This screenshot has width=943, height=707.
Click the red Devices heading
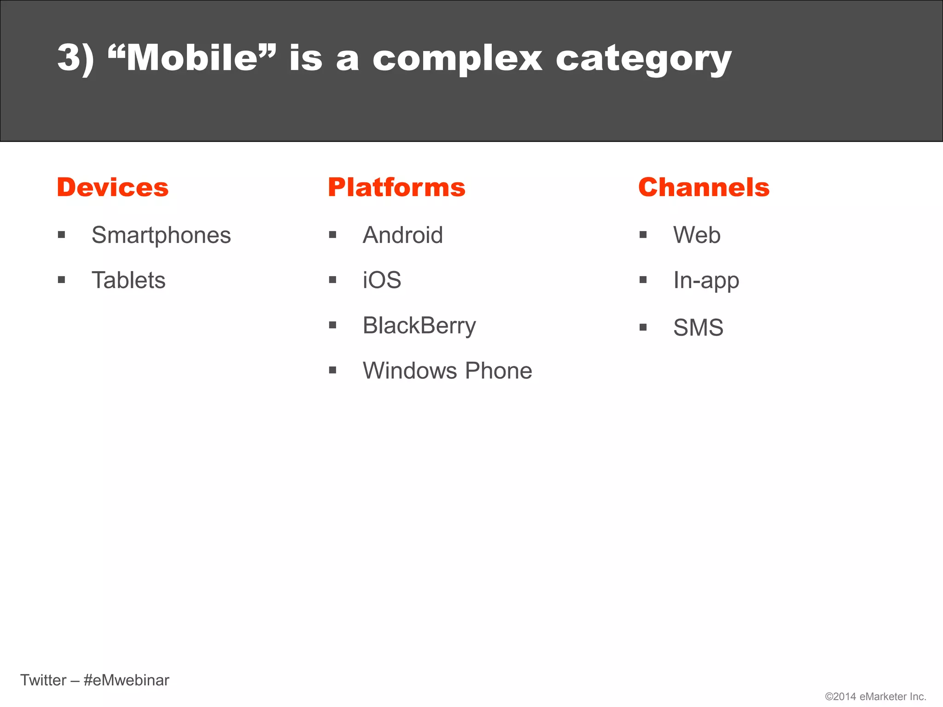112,187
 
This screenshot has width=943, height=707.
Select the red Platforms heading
396,187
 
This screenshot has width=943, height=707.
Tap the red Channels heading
704,187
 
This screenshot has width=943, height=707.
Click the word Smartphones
161,235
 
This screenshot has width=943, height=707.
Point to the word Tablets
128,280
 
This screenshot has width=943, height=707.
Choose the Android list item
403,235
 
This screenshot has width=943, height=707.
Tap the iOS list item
382,280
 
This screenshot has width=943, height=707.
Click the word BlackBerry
419,325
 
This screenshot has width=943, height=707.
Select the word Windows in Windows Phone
410,371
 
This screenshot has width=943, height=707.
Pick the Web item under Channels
697,235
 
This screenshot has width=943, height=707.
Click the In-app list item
706,280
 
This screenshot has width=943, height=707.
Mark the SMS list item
698,328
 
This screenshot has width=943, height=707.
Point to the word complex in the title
457,59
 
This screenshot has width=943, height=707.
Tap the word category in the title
643,59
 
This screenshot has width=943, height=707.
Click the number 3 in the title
69,58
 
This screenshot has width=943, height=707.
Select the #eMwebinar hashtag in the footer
127,680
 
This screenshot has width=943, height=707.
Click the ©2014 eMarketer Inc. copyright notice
875,696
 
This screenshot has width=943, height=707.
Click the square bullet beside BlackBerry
333,325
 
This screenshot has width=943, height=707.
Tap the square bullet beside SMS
643,328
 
